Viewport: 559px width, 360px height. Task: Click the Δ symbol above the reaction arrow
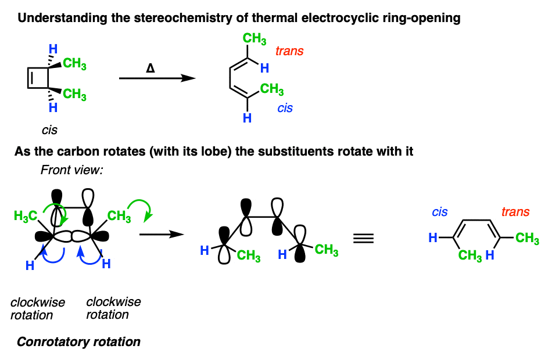pos(150,68)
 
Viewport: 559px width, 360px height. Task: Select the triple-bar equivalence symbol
pos(363,238)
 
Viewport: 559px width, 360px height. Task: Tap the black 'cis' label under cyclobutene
pos(49,130)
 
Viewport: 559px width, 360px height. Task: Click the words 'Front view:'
pos(71,170)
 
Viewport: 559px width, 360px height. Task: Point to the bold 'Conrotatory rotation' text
pos(78,342)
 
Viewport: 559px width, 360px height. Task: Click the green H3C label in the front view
pos(26,216)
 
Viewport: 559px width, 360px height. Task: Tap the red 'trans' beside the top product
pos(289,51)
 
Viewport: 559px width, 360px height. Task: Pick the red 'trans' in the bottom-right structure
pos(515,212)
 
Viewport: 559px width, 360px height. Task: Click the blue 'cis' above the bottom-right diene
pos(439,212)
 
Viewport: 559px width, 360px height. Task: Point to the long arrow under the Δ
pos(157,78)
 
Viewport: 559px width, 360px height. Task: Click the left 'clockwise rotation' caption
pos(37,309)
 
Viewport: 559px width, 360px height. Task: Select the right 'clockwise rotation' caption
pos(113,308)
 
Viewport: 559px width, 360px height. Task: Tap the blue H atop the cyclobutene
pos(53,49)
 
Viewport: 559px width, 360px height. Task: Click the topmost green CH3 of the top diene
pos(255,39)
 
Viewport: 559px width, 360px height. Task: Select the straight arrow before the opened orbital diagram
pos(162,235)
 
